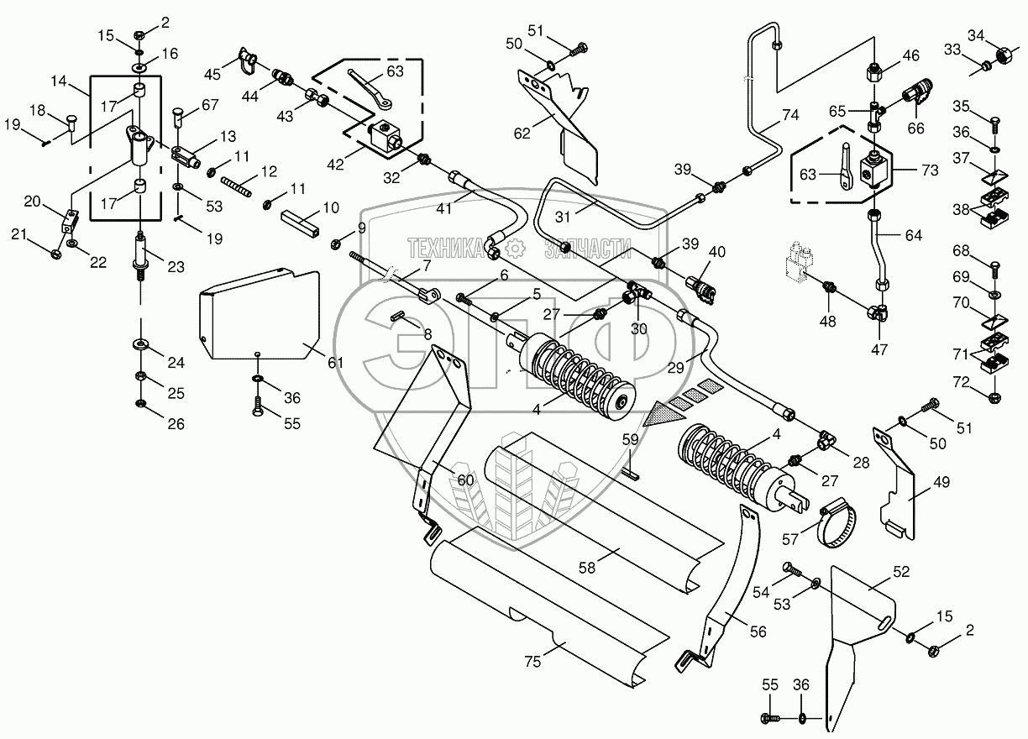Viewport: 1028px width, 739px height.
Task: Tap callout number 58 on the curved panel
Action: pyautogui.click(x=586, y=568)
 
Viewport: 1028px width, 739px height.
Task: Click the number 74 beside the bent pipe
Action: pyautogui.click(x=791, y=116)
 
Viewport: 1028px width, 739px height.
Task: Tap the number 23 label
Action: pyautogui.click(x=176, y=269)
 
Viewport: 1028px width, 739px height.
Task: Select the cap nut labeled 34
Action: pyautogui.click(x=1001, y=56)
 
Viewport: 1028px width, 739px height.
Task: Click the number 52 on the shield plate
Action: pyautogui.click(x=877, y=571)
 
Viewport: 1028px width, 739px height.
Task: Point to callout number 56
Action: pyautogui.click(x=758, y=632)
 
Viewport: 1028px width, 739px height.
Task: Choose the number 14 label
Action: pyautogui.click(x=58, y=81)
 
